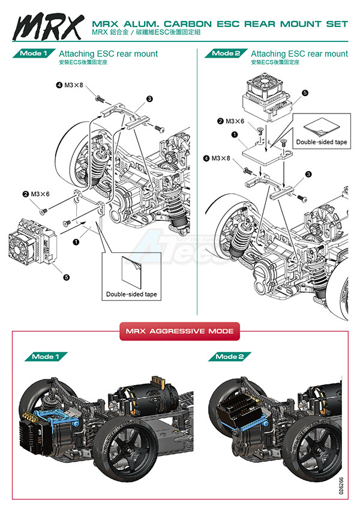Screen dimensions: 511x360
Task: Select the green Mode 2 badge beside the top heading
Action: pyautogui.click(x=226, y=53)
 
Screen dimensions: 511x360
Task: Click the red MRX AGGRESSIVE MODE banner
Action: pyautogui.click(x=179, y=331)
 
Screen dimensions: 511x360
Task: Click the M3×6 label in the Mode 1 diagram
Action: pyautogui.click(x=38, y=194)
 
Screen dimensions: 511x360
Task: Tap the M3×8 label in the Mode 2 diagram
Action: pyautogui.click(x=218, y=158)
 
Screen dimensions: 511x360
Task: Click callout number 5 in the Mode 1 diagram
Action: pyautogui.click(x=67, y=277)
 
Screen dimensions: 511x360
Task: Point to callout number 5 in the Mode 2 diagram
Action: pyautogui.click(x=305, y=93)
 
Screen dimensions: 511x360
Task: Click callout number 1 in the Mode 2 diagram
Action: pyautogui.click(x=233, y=135)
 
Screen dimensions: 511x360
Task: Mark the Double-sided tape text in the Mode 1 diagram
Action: pyautogui.click(x=131, y=294)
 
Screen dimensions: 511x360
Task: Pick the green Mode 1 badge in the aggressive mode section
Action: pyautogui.click(x=46, y=357)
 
